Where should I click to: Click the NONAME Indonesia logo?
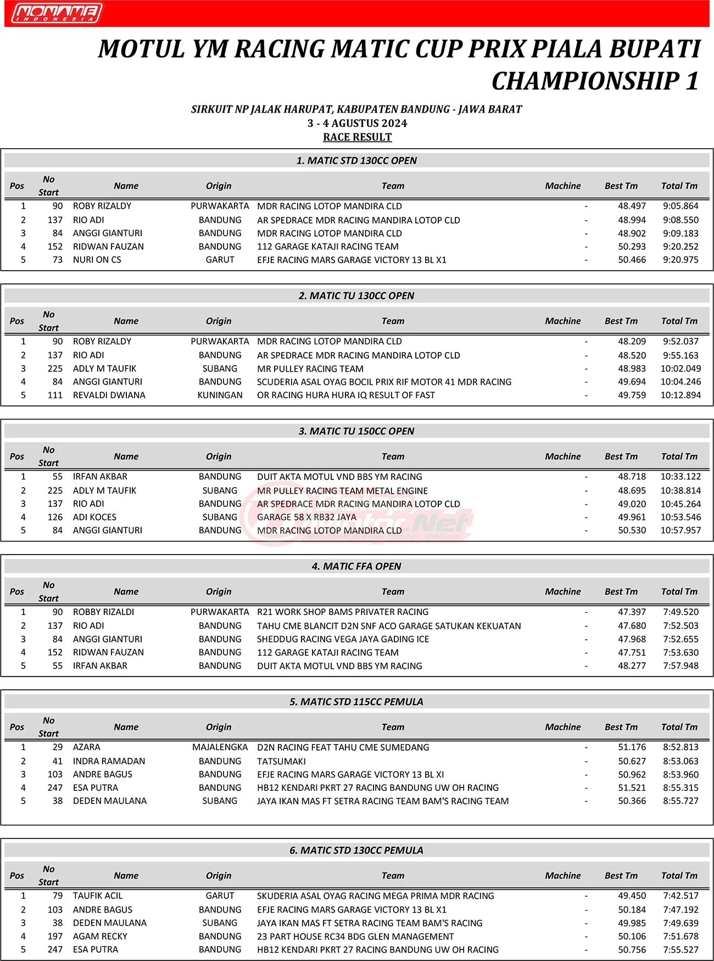57,13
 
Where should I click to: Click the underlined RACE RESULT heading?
357,137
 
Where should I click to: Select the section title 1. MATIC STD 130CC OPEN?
356,160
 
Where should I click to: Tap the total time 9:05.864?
680,206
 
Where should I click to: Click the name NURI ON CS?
97,260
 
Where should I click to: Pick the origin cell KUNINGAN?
220,395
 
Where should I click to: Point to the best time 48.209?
632,341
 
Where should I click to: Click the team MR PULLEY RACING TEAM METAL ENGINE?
342,490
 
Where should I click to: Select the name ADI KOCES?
94,517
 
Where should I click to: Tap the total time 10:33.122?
680,477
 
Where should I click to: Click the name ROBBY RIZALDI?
103,612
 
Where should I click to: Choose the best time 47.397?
632,612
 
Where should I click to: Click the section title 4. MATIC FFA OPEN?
356,566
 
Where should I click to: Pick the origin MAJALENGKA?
220,747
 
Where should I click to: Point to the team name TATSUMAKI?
281,761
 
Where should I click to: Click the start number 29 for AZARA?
58,747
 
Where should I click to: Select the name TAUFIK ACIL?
98,896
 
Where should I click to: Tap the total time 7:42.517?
680,896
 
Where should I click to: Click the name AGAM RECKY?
100,936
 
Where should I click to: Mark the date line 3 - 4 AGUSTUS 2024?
357,123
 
